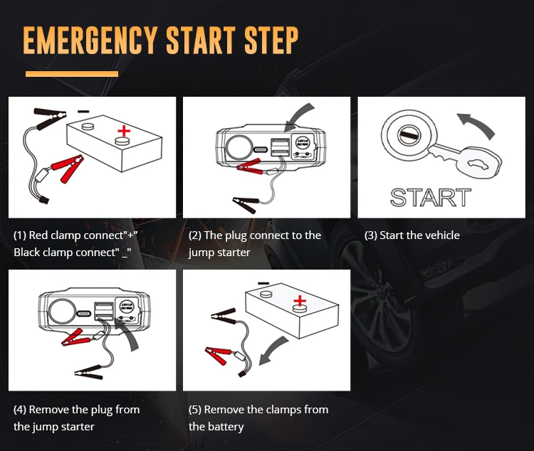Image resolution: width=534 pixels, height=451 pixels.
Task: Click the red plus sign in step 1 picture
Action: point(125,131)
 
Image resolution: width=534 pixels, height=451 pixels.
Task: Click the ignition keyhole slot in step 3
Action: point(408,134)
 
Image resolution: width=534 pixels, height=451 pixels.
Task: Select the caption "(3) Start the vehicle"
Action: point(412,235)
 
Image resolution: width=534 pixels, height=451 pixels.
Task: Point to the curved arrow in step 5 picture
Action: point(273,351)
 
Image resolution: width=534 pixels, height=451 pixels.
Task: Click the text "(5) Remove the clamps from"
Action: point(258,410)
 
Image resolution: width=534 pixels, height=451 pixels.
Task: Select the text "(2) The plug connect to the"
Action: point(255,235)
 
